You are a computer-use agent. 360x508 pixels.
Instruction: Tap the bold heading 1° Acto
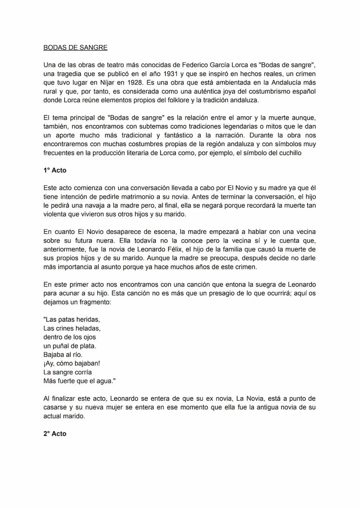click(55, 170)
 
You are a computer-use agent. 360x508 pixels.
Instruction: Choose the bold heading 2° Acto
click(55, 434)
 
